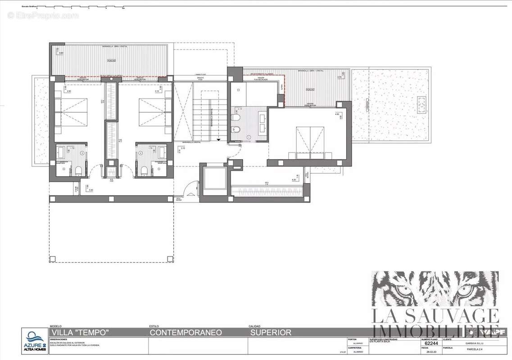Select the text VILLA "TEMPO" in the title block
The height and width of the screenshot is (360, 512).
point(80,333)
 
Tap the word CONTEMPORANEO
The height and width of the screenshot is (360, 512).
point(186,333)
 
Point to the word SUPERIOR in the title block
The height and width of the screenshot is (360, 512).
point(270,333)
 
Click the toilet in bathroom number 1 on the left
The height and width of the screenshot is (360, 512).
point(78,171)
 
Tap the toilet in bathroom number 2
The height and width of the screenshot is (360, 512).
point(145,171)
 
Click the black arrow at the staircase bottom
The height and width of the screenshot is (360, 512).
point(218,140)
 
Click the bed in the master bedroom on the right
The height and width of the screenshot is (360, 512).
point(310,140)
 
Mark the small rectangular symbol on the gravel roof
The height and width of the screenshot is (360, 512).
point(422,105)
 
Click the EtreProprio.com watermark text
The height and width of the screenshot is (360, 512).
point(43,16)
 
